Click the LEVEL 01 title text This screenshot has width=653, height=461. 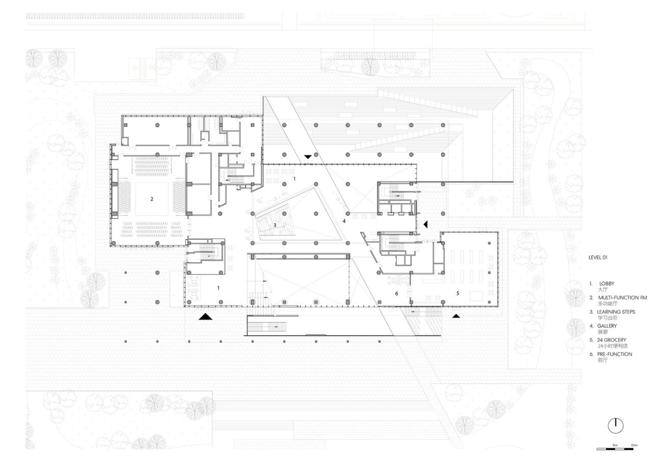[597, 258]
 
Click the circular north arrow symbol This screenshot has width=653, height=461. [616, 423]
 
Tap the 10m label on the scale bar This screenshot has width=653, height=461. [634, 445]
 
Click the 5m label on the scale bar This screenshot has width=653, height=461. [616, 445]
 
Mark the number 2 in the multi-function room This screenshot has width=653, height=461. [152, 199]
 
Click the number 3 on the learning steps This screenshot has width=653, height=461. [274, 225]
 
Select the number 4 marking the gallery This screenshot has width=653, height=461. [344, 221]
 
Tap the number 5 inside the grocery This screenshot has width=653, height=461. [458, 293]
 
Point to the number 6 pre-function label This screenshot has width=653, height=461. [396, 294]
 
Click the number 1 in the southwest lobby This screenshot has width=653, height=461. [219, 288]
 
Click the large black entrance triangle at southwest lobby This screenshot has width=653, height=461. [205, 317]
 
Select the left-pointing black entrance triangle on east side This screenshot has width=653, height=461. [426, 224]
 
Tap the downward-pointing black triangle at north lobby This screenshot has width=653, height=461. [308, 157]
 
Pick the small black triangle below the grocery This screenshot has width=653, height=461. [456, 316]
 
